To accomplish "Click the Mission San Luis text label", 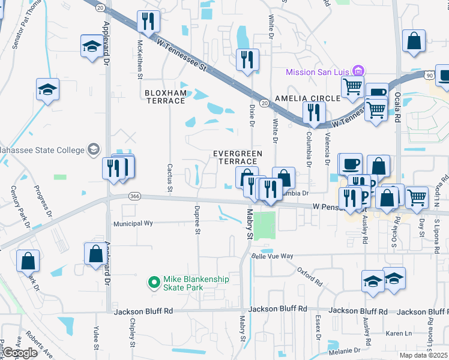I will pyautogui.click(x=318, y=72).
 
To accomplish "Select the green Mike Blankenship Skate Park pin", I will pyautogui.click(x=154, y=281).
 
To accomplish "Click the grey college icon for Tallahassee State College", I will pyautogui.click(x=93, y=149).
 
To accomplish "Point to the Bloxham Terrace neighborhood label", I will pyautogui.click(x=165, y=97).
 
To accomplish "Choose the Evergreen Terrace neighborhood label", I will pyautogui.click(x=238, y=158).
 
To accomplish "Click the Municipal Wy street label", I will pyautogui.click(x=133, y=223).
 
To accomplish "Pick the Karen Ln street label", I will pyautogui.click(x=399, y=333).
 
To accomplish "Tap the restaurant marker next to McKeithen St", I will pyautogui.click(x=146, y=22).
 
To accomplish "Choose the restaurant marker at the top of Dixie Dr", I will pyautogui.click(x=247, y=59).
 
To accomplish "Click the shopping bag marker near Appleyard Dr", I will pyautogui.click(x=95, y=254).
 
